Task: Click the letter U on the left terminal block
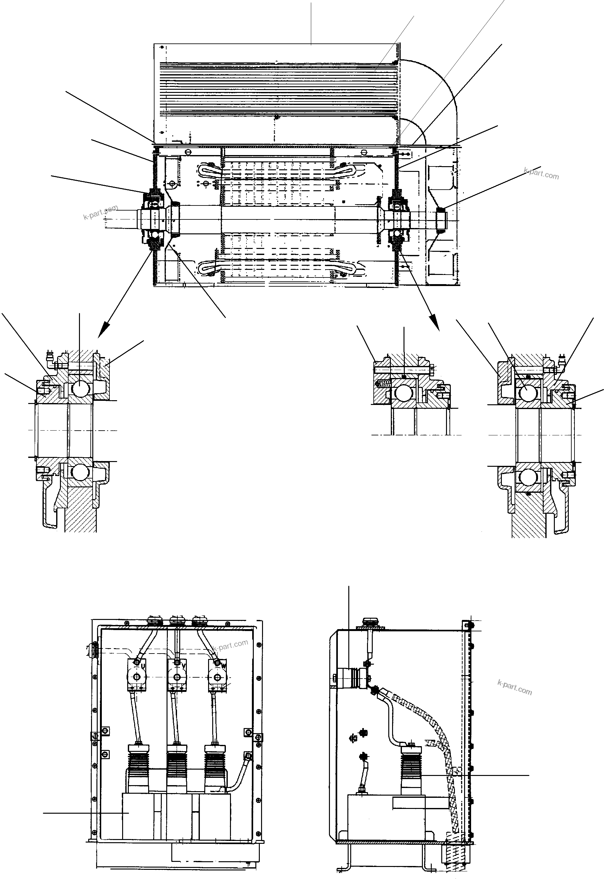(x=143, y=665)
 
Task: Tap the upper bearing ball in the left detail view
(x=80, y=388)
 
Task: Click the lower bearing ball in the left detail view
(x=80, y=472)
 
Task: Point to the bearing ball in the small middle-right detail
(x=404, y=394)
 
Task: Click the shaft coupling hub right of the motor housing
(x=442, y=219)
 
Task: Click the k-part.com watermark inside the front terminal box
(x=230, y=644)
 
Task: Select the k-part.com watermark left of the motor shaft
(x=100, y=212)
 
